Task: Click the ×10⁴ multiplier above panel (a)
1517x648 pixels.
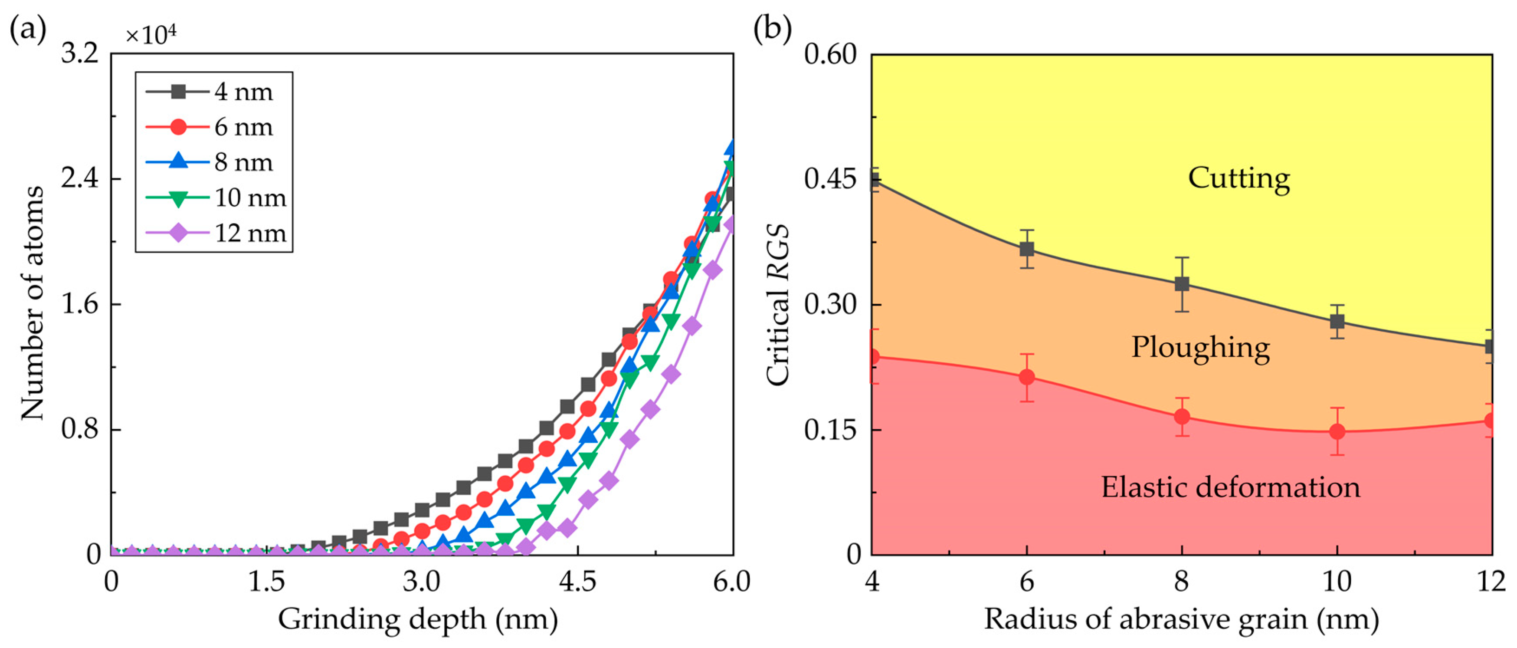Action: click(151, 35)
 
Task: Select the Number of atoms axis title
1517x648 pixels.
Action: click(33, 303)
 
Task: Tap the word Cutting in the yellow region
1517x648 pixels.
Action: click(1239, 178)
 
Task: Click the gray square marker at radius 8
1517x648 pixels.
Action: click(1182, 284)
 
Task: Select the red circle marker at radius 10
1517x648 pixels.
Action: click(1337, 432)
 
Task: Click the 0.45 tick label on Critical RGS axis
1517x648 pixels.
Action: click(830, 178)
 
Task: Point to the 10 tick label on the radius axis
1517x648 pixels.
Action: click(1337, 582)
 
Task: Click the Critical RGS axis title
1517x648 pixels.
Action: click(777, 305)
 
